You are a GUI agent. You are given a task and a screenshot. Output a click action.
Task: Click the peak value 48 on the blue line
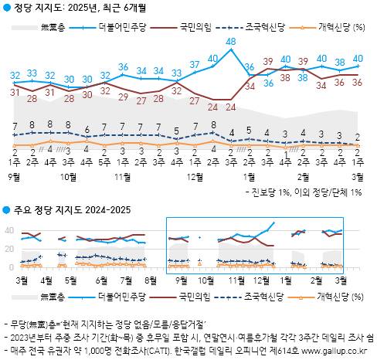(x=231, y=42)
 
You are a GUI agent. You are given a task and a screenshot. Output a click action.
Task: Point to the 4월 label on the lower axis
(x=46, y=279)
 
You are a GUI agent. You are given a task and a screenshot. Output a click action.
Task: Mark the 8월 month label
(x=150, y=279)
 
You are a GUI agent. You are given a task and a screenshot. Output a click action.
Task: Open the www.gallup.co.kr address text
(x=333, y=348)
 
